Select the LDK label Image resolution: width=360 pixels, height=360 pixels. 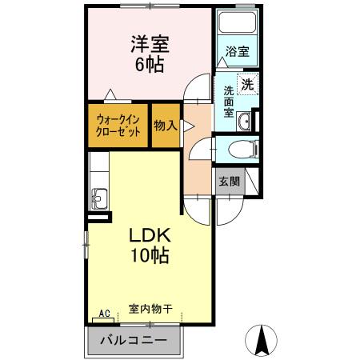point(149,237)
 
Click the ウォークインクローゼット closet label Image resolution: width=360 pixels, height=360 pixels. point(118,126)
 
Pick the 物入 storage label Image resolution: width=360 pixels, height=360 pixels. point(166,126)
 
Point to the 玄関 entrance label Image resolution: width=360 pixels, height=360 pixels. point(228,182)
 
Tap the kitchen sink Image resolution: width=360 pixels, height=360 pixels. point(100,195)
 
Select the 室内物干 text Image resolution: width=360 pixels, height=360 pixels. point(150,308)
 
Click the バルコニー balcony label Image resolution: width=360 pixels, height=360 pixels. point(133,341)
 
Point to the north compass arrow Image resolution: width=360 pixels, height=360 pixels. point(261,340)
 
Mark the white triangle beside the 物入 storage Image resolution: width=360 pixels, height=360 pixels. point(186,125)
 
